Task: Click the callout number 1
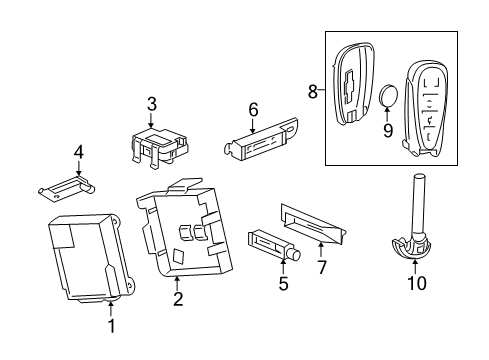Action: click(x=111, y=326)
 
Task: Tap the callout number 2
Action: click(x=177, y=299)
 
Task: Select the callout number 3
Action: click(x=151, y=103)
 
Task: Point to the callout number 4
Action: click(x=77, y=153)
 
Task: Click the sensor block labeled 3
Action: click(x=155, y=145)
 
